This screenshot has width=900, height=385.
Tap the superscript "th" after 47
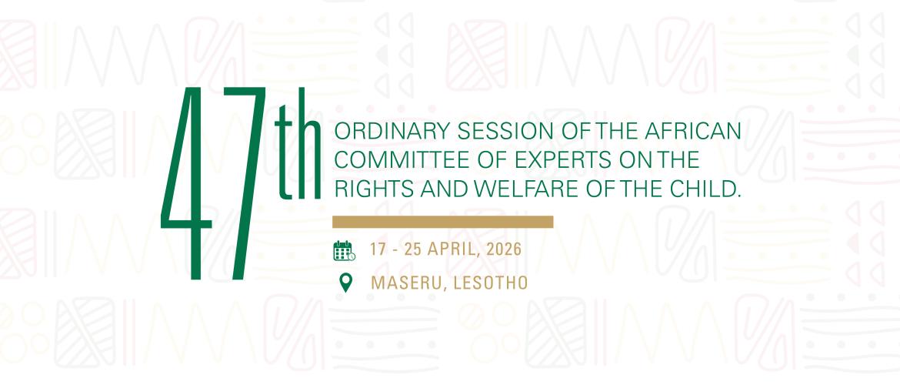[298, 154]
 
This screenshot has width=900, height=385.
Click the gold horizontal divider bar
[442, 222]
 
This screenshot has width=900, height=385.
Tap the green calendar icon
[343, 250]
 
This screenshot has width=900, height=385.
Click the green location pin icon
[346, 282]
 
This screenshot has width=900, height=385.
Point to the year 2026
[503, 250]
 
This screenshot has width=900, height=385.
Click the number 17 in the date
[377, 250]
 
